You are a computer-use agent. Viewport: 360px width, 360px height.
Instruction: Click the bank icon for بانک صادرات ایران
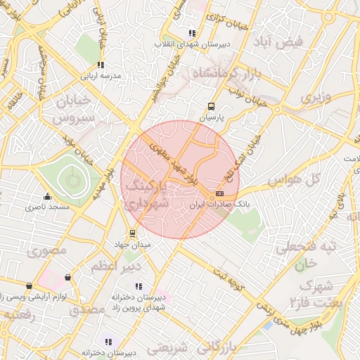pyautogui.click(x=220, y=193)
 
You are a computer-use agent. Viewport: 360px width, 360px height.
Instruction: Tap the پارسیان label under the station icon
pyautogui.click(x=210, y=118)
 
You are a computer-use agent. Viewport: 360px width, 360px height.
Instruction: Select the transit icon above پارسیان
pyautogui.click(x=210, y=107)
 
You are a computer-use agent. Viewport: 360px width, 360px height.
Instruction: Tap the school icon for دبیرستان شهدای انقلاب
pyautogui.click(x=192, y=33)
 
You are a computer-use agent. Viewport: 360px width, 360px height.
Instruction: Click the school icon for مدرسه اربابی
pyautogui.click(x=101, y=65)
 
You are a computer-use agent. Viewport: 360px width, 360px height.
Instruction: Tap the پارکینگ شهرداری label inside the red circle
pyautogui.click(x=147, y=195)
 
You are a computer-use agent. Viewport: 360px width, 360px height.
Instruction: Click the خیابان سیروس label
pyautogui.click(x=72, y=112)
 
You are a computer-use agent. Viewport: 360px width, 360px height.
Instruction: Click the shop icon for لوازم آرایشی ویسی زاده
pyautogui.click(x=29, y=286)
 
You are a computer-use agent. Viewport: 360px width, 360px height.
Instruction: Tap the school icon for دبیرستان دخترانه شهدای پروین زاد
pyautogui.click(x=138, y=286)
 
